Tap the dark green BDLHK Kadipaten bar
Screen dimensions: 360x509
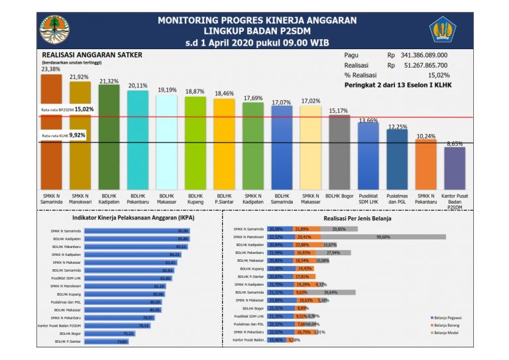click(109, 136)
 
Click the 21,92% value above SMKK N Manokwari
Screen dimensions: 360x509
click(80, 77)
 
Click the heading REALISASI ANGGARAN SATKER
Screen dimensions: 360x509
click(91, 56)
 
